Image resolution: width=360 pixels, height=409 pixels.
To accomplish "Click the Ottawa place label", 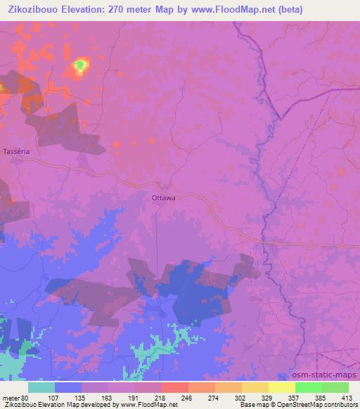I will [x=163, y=197].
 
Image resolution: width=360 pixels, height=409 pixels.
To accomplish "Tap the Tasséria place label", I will [x=15, y=152].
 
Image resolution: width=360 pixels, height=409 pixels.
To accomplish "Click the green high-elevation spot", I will [x=79, y=67].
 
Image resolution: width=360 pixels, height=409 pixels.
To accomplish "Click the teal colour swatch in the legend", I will [x=41, y=387].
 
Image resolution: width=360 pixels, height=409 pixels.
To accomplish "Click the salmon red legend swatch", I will [x=174, y=387].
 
